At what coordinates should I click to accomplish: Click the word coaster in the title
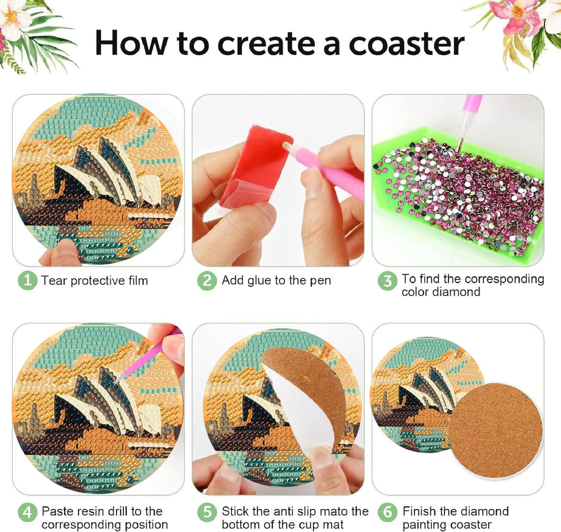click(406, 44)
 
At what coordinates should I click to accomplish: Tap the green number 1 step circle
click(27, 280)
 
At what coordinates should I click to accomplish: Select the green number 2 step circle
click(207, 280)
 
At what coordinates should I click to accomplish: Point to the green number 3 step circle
click(387, 281)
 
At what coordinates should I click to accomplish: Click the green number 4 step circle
click(27, 512)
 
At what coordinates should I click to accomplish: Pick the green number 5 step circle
click(207, 512)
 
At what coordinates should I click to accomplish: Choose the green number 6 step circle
click(387, 512)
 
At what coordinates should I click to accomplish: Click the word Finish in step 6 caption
click(419, 511)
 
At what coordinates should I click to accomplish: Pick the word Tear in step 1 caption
click(54, 281)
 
